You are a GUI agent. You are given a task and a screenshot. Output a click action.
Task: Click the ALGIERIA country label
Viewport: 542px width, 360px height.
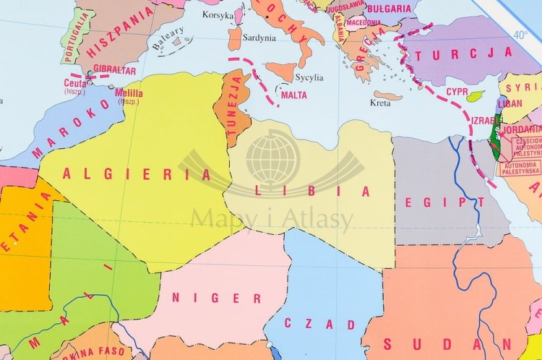[x=137, y=173]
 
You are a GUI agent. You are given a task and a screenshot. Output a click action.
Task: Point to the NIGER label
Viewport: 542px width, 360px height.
[x=217, y=297]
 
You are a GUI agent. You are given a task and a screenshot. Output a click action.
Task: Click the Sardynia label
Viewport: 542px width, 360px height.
[x=259, y=38]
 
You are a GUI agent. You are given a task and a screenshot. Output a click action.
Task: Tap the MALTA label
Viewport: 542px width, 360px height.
[x=293, y=95]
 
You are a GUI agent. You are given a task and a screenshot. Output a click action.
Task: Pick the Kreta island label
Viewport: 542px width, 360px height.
[x=379, y=103]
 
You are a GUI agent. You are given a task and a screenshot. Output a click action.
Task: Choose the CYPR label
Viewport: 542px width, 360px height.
[x=457, y=92]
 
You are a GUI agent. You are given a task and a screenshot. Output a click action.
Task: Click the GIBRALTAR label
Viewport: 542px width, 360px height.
[x=115, y=69]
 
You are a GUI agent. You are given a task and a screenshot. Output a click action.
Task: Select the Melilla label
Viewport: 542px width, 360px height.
[x=129, y=92]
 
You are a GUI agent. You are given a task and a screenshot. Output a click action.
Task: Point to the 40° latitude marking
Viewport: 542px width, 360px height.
[x=520, y=34]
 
